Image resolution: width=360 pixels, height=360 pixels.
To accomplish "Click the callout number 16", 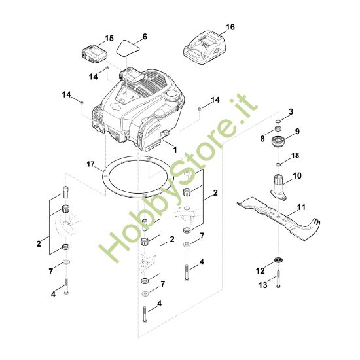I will [229, 27].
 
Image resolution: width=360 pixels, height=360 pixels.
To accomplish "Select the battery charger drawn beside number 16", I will [206, 47].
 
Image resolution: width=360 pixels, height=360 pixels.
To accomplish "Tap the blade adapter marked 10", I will [281, 184].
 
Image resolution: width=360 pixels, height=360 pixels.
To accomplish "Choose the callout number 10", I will [297, 176].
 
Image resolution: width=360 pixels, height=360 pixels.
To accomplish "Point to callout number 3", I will [291, 111].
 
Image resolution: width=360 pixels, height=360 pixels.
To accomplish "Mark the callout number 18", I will [295, 156].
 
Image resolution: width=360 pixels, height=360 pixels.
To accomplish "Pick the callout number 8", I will [262, 139].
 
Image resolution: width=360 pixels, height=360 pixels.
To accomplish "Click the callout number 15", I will [109, 39].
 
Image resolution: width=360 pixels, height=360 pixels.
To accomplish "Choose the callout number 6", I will [145, 35].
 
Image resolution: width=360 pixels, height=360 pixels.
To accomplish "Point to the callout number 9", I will [297, 132].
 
